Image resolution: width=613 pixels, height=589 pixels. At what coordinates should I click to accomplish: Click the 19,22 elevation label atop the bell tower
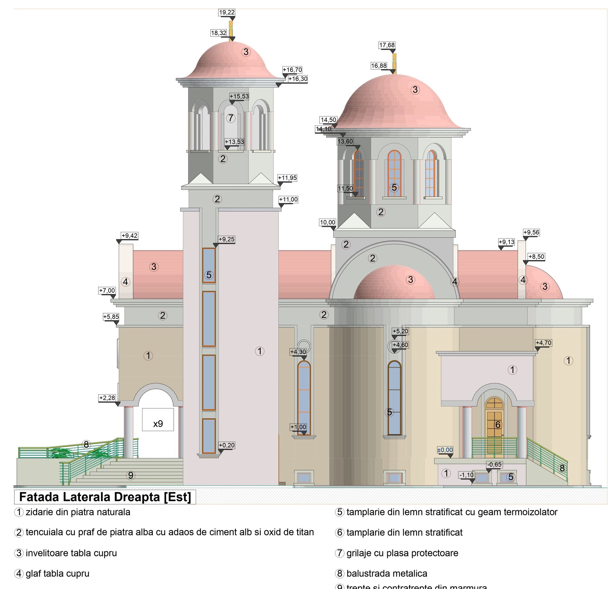pyautogui.click(x=227, y=12)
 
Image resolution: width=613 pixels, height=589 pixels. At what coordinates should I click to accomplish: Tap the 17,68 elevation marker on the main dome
pyautogui.click(x=387, y=45)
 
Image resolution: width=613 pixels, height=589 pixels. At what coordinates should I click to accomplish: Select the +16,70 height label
pyautogui.click(x=292, y=70)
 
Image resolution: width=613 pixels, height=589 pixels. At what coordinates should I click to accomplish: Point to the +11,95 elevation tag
pyautogui.click(x=287, y=178)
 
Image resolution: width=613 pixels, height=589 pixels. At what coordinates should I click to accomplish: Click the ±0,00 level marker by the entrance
pyautogui.click(x=445, y=450)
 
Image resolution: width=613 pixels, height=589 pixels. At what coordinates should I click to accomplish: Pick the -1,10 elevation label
pyautogui.click(x=466, y=475)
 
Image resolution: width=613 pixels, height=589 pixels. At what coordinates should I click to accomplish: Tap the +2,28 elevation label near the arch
pyautogui.click(x=107, y=398)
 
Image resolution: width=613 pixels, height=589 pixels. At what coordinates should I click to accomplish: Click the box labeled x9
pyautogui.click(x=158, y=420)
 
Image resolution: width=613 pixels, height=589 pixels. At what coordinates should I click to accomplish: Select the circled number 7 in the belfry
pyautogui.click(x=231, y=118)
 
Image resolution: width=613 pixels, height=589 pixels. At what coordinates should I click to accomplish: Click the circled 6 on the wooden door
pyautogui.click(x=497, y=425)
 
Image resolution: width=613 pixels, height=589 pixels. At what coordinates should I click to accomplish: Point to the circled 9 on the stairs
pyautogui.click(x=131, y=475)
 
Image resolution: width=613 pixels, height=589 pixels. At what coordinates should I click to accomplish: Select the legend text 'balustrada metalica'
pyautogui.click(x=387, y=574)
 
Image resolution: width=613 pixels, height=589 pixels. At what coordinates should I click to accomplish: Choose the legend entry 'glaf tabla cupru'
pyautogui.click(x=57, y=574)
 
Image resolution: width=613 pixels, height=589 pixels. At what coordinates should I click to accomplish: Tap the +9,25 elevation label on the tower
pyautogui.click(x=226, y=239)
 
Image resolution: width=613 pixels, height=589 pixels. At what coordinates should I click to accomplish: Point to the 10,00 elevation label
pyautogui.click(x=328, y=222)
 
